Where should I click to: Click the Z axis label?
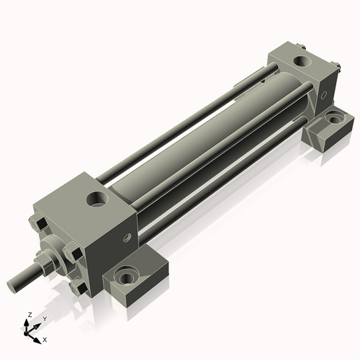coord(28,315)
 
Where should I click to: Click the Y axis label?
coord(44,318)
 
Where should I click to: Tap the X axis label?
coord(45,338)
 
